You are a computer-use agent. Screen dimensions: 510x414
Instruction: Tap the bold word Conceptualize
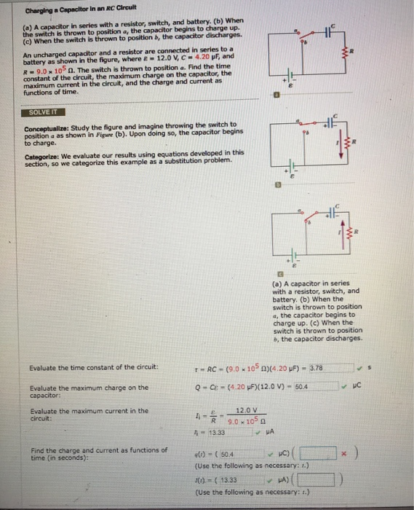[x=47, y=125]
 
